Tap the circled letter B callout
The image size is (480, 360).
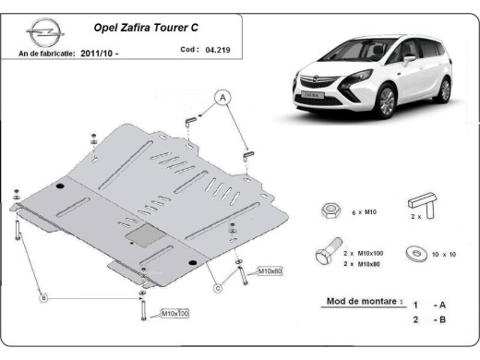[x=42, y=297]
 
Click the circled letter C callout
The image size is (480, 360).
[x=218, y=288]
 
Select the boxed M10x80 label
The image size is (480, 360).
[x=270, y=271]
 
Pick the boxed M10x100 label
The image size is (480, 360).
[x=175, y=314]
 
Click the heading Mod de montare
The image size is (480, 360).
[x=364, y=301]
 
